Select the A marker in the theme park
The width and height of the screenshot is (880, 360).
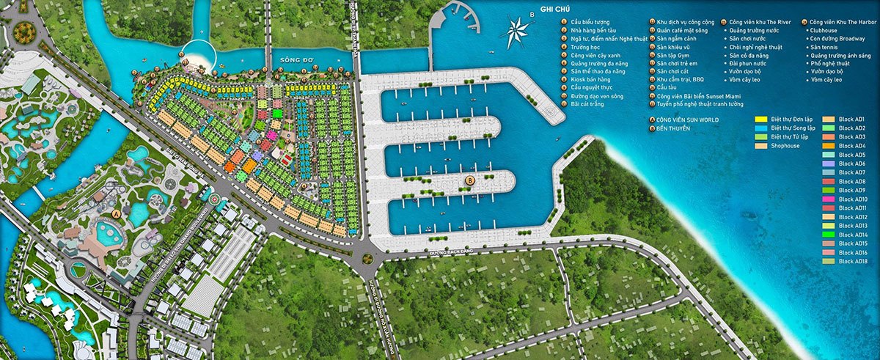(x=116, y=214)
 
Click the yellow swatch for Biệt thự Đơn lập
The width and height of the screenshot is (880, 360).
(x=760, y=119)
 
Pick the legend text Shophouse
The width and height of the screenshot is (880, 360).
(x=785, y=146)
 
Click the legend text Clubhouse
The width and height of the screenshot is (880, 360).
(x=824, y=31)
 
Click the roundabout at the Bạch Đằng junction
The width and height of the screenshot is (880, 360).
(x=367, y=258)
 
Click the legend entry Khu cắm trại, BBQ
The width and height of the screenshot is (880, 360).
(x=681, y=79)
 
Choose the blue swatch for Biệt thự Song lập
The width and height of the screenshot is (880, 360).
(x=760, y=128)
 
